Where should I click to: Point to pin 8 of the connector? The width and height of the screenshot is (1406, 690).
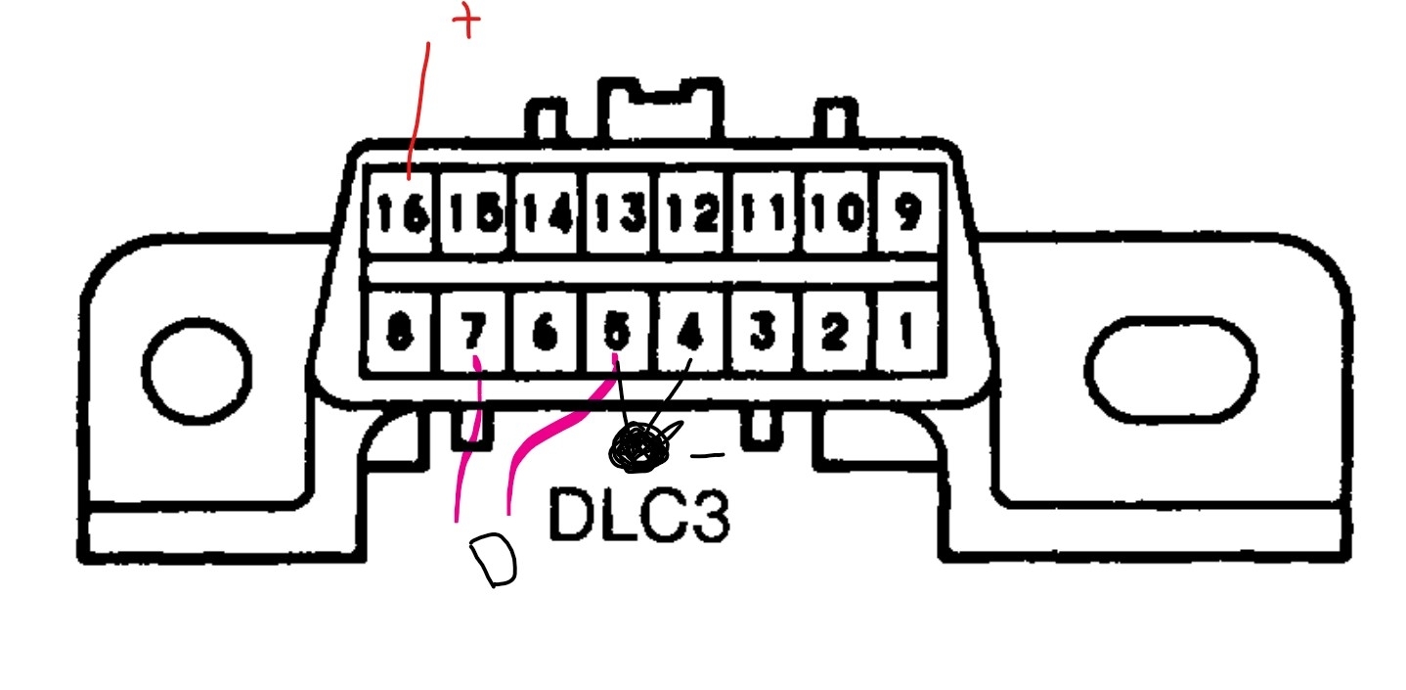click(x=400, y=333)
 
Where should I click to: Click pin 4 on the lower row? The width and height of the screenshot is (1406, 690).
click(x=692, y=333)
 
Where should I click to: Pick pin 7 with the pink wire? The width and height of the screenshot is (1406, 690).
click(x=474, y=333)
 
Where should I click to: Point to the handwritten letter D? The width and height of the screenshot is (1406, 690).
click(x=494, y=561)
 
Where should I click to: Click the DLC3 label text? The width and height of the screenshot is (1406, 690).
click(x=638, y=515)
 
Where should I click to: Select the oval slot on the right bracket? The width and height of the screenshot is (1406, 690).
click(x=1170, y=368)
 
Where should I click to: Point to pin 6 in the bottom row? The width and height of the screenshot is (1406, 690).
click(x=547, y=333)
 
